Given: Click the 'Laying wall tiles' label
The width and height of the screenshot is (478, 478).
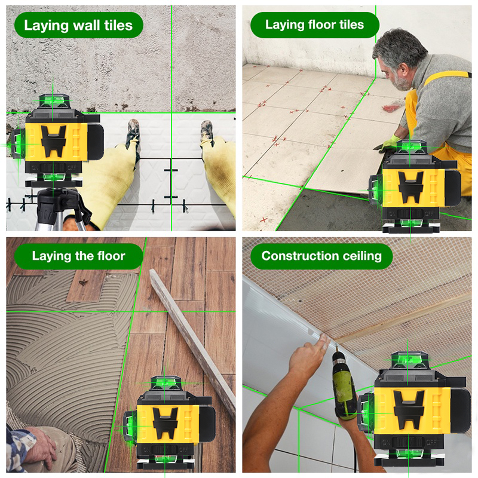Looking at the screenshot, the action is click(78, 25).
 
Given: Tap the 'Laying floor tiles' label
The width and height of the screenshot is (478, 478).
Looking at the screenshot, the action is click(315, 24).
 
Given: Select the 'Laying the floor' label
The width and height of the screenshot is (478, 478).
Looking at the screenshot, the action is click(79, 256).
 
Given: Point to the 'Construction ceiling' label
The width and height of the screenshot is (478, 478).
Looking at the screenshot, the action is click(321, 256).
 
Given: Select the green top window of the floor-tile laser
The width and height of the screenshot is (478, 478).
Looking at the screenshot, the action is click(410, 146).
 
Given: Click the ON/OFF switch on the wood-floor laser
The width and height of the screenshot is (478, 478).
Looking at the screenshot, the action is click(165, 449).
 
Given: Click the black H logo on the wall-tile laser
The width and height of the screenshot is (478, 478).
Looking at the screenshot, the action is click(54, 141).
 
